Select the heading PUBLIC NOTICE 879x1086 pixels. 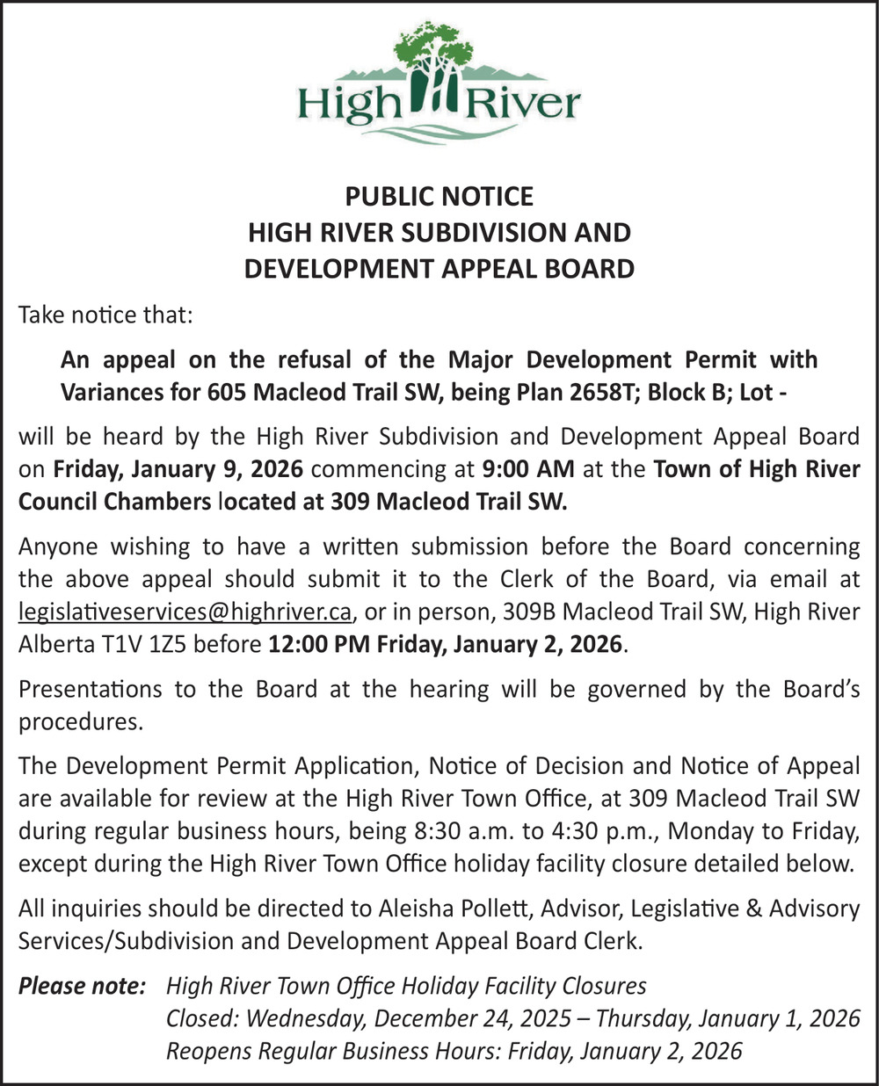[x=439, y=195]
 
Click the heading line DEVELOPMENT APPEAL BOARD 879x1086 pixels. [x=439, y=268]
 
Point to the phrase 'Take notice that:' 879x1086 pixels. [x=105, y=315]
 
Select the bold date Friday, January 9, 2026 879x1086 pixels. [x=178, y=469]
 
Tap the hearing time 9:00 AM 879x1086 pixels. [x=528, y=469]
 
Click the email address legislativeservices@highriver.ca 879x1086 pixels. [x=185, y=612]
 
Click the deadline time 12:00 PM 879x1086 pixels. [x=320, y=644]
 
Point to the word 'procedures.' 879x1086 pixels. [x=80, y=721]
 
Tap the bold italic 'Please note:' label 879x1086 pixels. [x=82, y=986]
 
